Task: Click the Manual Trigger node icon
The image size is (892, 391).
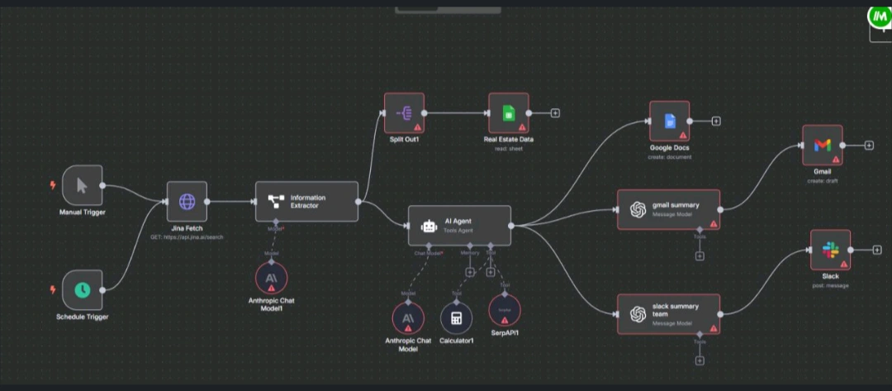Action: pos(83,185)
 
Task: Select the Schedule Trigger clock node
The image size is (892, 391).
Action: pos(83,289)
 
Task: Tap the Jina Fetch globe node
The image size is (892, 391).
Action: pos(187,201)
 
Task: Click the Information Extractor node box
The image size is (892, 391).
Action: pos(306,201)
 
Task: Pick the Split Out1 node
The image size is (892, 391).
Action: pos(404,112)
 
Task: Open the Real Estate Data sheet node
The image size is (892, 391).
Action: pos(508,112)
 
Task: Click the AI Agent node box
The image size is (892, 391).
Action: pos(460,225)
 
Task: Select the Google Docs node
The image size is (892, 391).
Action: pos(669,122)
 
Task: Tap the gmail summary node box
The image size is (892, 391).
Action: pos(668,209)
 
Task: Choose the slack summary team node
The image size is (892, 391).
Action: pos(668,313)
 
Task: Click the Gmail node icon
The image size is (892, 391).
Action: pos(822,145)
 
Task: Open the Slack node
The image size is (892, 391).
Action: pos(830,250)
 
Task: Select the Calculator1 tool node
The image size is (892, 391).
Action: pos(456,318)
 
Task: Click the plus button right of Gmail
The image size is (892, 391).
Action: pos(869,145)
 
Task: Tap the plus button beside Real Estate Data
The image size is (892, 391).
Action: pos(556,112)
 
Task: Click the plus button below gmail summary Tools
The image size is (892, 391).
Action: pos(700,255)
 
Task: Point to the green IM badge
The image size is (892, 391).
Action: pos(878,17)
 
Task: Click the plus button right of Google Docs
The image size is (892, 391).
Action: pos(716,122)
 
